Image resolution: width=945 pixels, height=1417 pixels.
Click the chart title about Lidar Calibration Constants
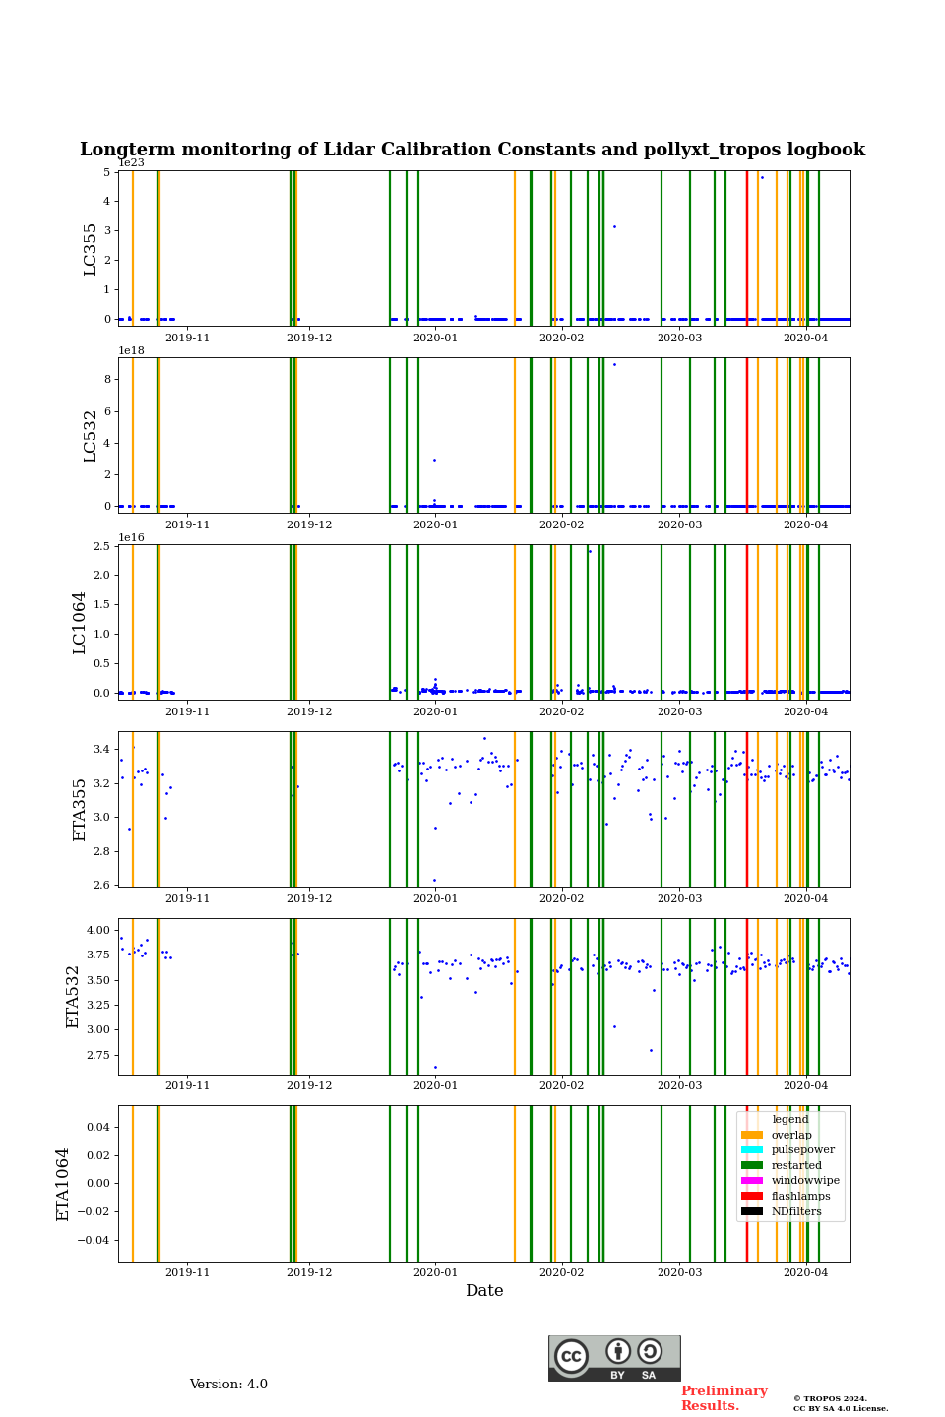coord(472,150)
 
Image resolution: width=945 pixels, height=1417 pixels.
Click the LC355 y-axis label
coord(91,249)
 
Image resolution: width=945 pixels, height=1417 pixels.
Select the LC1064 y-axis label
coord(80,623)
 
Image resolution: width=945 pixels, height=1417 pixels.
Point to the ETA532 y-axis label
coord(73,997)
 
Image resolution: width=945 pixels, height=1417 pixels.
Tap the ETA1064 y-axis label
coord(63,1184)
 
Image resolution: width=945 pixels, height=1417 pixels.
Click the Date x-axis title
coord(484,1291)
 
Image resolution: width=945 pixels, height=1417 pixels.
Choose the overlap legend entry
coord(790,1135)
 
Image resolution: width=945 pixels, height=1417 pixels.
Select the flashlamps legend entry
coord(800,1196)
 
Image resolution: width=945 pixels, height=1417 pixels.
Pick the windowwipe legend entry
coord(804,1181)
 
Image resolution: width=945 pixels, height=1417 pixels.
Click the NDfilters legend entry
coord(795,1211)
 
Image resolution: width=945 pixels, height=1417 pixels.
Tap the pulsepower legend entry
coord(802,1150)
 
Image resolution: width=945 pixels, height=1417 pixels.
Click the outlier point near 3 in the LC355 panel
coord(614,226)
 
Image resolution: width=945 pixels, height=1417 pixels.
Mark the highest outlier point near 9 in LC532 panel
coord(614,364)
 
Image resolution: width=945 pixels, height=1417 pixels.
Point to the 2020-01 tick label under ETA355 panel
coord(435,898)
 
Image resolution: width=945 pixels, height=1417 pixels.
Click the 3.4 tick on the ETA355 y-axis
coord(102,750)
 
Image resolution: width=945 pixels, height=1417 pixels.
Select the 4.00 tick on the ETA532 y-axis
coord(97,930)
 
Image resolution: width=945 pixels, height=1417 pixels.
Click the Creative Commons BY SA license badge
coord(614,1358)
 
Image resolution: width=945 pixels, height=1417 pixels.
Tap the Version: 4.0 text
coord(228,1385)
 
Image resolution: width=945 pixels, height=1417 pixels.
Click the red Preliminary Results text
coord(724,1398)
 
